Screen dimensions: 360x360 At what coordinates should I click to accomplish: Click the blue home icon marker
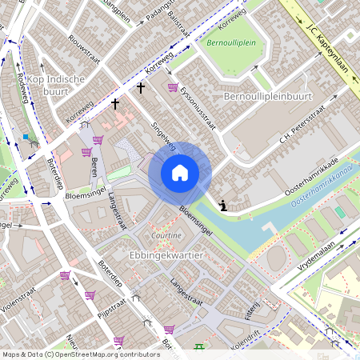(x=180, y=172)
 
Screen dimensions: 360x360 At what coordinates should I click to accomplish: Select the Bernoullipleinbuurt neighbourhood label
(x=267, y=96)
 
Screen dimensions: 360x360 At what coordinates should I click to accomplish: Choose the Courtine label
(x=166, y=235)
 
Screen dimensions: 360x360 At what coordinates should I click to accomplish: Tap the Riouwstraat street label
(x=83, y=50)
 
